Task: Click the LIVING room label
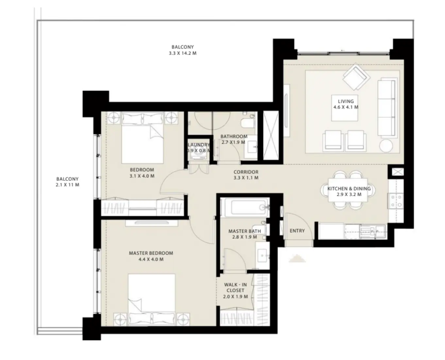(x=346, y=101)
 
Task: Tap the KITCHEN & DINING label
(x=349, y=189)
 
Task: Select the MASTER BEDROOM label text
(x=151, y=253)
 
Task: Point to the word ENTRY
(x=297, y=231)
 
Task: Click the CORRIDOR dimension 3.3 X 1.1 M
(x=246, y=178)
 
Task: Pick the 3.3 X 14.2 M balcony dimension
(x=182, y=53)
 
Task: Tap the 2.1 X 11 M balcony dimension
(x=67, y=185)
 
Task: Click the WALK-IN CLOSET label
(x=235, y=287)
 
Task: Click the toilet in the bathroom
(x=248, y=122)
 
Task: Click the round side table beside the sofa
(x=386, y=146)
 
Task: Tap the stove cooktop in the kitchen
(x=395, y=201)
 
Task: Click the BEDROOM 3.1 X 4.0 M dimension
(x=142, y=176)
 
